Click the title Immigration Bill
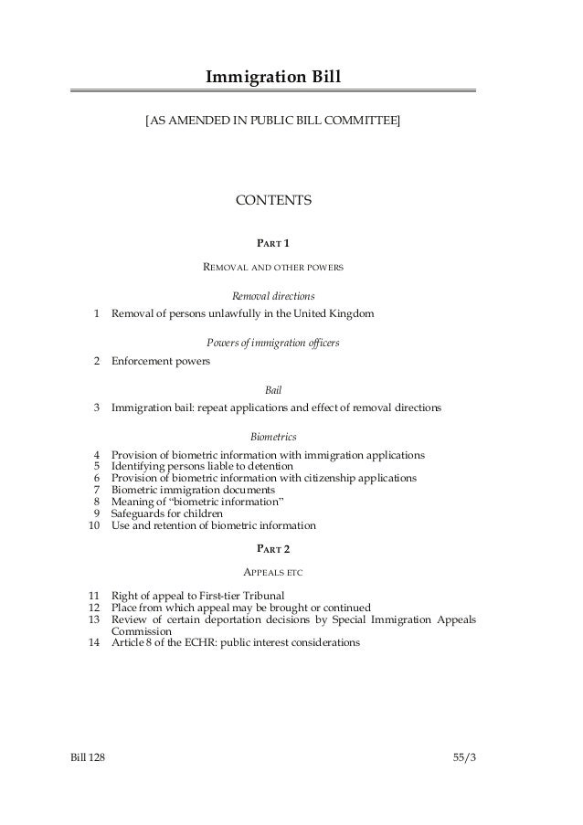coord(273,73)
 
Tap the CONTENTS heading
coord(273,200)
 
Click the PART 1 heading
coord(273,244)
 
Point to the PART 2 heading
coord(273,548)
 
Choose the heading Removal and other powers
coord(273,269)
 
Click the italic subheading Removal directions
coord(273,297)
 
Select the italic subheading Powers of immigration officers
coord(273,343)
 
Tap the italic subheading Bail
coord(273,389)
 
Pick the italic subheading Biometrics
coord(273,436)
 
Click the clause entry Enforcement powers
coord(160,361)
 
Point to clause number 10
coord(91,525)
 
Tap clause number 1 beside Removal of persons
coord(96,314)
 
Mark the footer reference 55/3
coord(464,758)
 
